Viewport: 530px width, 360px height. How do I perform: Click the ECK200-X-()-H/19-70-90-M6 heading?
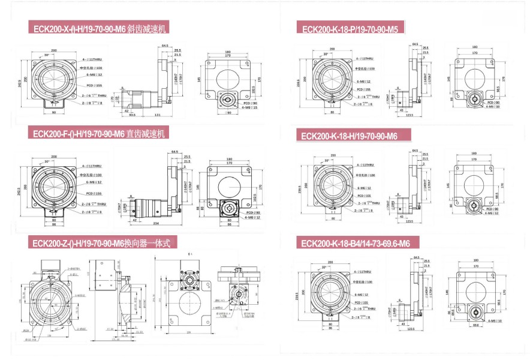click(x=99, y=29)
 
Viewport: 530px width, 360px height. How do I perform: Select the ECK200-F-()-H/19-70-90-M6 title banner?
click(x=99, y=133)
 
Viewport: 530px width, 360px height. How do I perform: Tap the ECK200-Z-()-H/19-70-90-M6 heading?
click(x=102, y=243)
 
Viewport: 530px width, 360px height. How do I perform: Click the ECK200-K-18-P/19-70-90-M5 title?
click(x=351, y=28)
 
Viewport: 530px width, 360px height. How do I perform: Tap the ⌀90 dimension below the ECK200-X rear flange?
click(x=227, y=113)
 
